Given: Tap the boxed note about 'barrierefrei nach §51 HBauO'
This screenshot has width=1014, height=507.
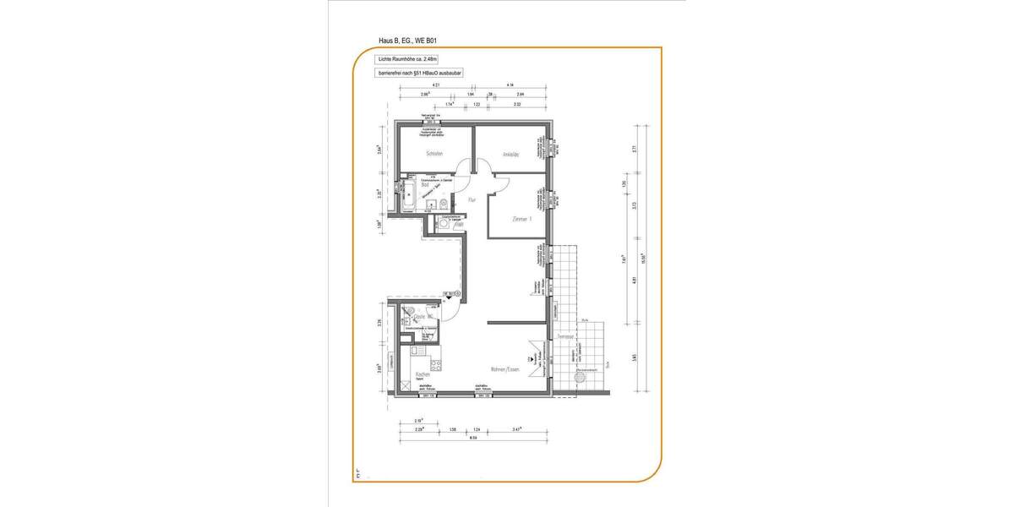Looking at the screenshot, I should pos(420,74).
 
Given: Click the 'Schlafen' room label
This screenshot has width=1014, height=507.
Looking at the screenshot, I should pos(434,154).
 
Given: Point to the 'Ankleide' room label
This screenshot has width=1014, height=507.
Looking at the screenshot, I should pos(510,155).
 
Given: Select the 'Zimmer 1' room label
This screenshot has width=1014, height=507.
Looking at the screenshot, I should pos(521,219).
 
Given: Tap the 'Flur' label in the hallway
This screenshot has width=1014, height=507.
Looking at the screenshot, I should pos(472,200).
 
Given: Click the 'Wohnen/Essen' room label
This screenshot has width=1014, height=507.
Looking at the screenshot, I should pos(509,369).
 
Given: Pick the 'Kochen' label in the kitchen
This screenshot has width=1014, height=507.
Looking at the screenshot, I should pos(422,375).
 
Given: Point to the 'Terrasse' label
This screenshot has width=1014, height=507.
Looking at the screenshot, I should pos(565,336).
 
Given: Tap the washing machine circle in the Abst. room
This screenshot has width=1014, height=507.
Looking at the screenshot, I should pos(444,223).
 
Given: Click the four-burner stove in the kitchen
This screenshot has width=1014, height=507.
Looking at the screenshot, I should pos(437,366).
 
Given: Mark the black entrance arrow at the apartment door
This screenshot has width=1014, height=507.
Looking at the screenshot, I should pos(450,296).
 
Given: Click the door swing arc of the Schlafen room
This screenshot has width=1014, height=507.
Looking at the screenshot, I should pos(463,167).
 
